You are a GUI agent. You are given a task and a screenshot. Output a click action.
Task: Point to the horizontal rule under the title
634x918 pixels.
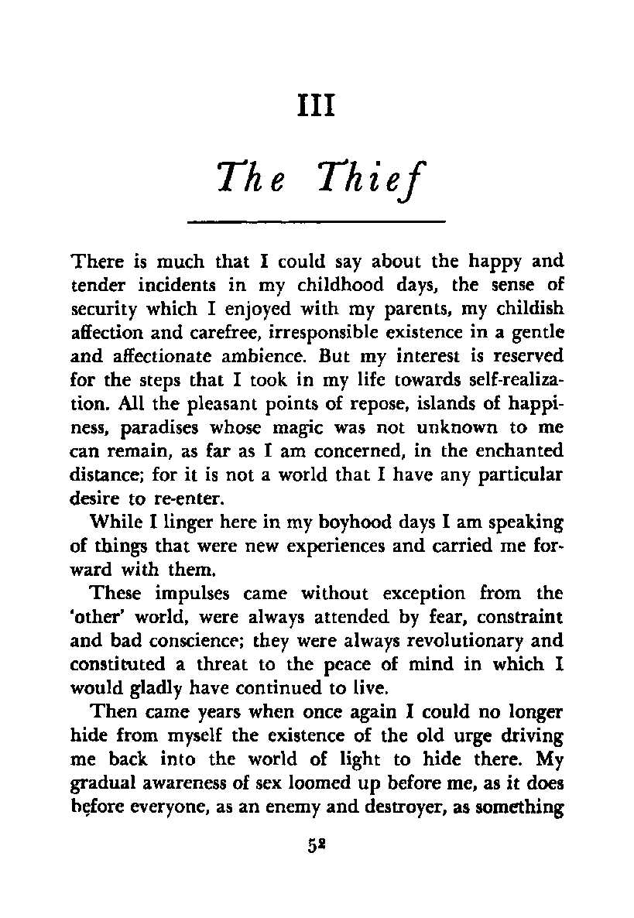317,222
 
